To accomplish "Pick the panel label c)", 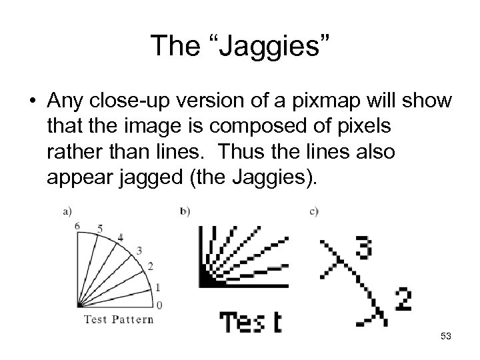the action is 314,211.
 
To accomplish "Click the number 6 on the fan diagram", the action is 77,225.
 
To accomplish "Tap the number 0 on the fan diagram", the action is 158,305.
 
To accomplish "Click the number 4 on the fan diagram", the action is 120,237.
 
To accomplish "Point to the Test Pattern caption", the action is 118,319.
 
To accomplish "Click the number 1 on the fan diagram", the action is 157,287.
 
